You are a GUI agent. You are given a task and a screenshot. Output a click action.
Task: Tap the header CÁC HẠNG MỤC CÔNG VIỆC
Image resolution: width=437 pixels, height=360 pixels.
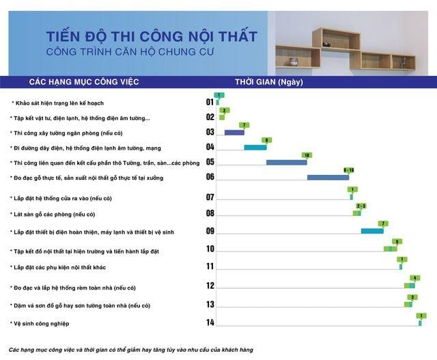[84, 82]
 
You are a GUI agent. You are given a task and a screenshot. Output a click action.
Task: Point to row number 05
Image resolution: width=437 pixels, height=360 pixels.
[210, 162]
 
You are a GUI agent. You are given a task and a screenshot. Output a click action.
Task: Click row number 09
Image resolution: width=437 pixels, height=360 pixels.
[210, 231]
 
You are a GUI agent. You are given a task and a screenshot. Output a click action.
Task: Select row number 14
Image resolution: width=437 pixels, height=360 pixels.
[210, 322]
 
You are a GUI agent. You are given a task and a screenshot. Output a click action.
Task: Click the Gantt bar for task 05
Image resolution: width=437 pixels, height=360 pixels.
[286, 163]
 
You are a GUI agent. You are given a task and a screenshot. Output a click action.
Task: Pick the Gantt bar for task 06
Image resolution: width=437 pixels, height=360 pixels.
[330, 178]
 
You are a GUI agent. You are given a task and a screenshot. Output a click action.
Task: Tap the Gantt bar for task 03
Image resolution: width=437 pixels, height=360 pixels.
[234, 133]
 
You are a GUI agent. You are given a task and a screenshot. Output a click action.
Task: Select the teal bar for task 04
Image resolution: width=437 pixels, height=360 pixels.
[255, 148]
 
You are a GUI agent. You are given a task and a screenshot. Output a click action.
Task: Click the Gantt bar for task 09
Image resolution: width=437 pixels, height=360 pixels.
[372, 231]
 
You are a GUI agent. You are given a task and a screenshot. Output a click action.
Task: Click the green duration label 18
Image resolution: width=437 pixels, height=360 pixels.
[307, 155]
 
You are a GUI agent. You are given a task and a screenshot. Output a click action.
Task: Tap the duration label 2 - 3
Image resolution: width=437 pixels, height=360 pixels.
[361, 206]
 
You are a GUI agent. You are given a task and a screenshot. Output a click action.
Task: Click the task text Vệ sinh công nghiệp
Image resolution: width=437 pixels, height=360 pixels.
[41, 323]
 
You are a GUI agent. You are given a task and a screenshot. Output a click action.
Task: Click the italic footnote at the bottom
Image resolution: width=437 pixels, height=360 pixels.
[131, 350]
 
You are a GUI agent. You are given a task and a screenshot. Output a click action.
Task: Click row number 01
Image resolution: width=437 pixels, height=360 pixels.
[210, 102]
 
